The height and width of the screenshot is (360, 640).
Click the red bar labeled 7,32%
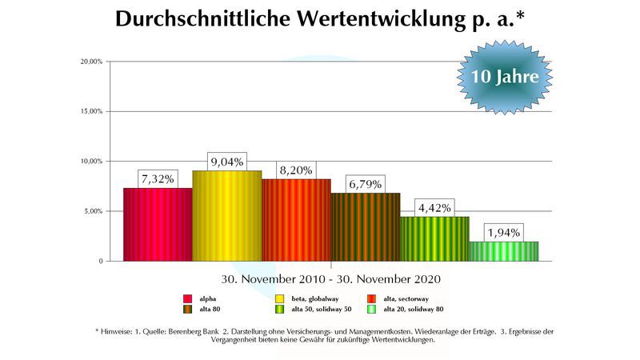tap(158, 225)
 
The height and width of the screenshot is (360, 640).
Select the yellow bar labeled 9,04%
tap(227, 216)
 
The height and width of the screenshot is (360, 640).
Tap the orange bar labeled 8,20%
tap(296, 220)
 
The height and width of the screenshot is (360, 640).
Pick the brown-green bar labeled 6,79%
tap(366, 227)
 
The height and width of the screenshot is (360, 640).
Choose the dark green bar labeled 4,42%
tap(434, 239)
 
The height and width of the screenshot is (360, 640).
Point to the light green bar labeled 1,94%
tap(503, 251)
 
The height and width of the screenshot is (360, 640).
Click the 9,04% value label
tap(227, 160)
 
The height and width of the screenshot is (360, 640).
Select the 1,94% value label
tap(503, 232)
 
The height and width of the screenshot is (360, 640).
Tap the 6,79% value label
tap(366, 183)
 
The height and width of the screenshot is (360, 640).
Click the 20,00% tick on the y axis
tap(90, 62)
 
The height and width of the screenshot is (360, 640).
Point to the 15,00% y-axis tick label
tap(90, 112)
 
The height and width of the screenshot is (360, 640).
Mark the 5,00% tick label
tap(92, 211)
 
